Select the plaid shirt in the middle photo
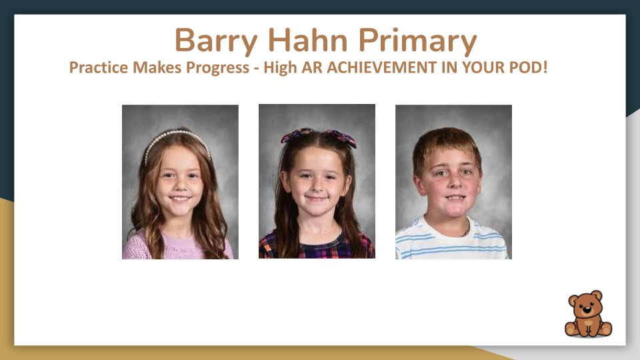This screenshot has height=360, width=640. pos(317,248)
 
